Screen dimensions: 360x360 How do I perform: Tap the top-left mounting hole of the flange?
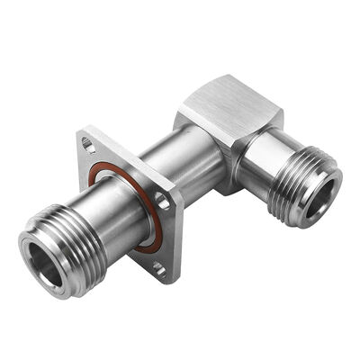[x=87, y=141]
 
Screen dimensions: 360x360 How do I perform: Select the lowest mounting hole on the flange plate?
[x=158, y=266]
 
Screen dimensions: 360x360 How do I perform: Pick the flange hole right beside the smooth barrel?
[x=162, y=202]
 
